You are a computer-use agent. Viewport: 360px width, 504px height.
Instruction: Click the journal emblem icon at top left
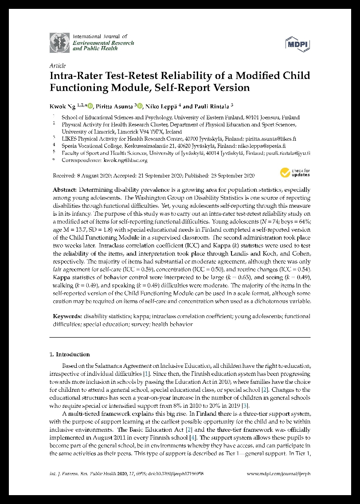(59, 43)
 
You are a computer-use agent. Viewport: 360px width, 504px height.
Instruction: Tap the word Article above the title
(58, 66)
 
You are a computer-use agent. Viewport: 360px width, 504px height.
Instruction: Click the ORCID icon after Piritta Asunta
(140, 106)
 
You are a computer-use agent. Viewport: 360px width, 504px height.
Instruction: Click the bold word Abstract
(65, 189)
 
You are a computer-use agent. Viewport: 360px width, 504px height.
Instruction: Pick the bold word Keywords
(67, 316)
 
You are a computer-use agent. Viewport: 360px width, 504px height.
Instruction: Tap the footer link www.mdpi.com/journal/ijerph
(278, 474)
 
